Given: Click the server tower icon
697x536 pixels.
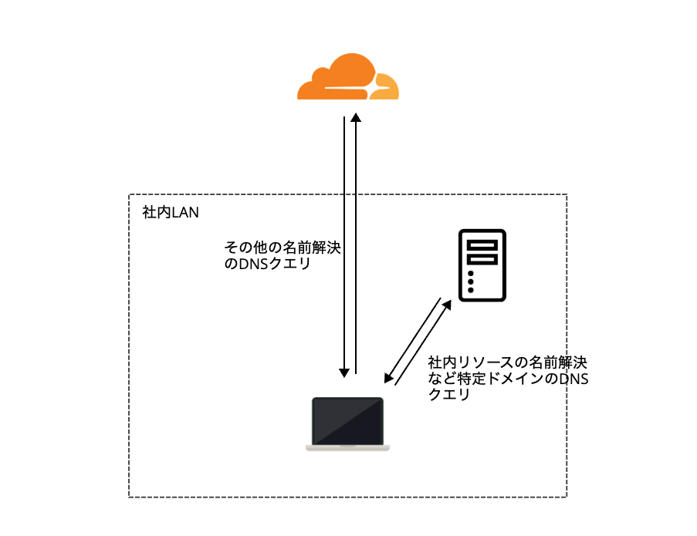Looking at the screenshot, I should pyautogui.click(x=482, y=265).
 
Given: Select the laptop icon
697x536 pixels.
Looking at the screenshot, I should pyautogui.click(x=347, y=423).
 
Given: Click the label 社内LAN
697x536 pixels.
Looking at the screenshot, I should pyautogui.click(x=171, y=212).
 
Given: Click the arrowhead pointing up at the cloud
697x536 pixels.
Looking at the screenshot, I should pyautogui.click(x=355, y=117).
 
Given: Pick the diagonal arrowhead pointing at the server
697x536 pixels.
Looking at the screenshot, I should pyautogui.click(x=447, y=305).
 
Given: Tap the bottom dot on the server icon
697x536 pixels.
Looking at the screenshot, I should pyautogui.click(x=471, y=290).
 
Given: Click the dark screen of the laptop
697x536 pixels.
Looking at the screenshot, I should pyautogui.click(x=347, y=420).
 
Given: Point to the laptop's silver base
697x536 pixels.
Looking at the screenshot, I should pyautogui.click(x=347, y=447).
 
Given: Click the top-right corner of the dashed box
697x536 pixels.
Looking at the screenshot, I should pyautogui.click(x=567, y=195).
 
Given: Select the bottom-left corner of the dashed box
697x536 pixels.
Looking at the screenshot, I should pyautogui.click(x=129, y=496).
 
